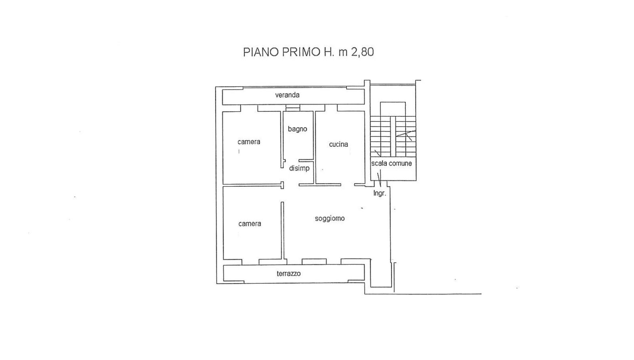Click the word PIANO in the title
(261, 52)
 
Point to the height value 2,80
(363, 52)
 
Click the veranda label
(287, 95)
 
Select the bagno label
(298, 129)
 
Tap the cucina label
(338, 144)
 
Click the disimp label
(299, 168)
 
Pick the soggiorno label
(330, 218)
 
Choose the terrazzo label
(289, 274)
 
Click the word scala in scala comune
(379, 163)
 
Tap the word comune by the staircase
(400, 163)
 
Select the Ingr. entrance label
(380, 193)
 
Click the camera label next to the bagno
(249, 142)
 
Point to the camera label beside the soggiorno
(250, 224)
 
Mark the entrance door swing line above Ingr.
(380, 178)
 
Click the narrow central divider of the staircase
(393, 136)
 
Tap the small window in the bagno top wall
(293, 108)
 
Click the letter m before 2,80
(343, 53)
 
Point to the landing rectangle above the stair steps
(393, 109)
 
